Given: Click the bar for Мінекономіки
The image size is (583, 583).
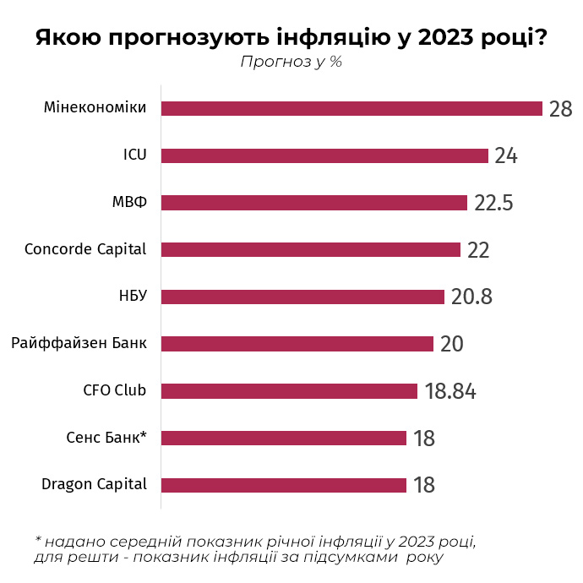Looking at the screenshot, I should tap(351, 108).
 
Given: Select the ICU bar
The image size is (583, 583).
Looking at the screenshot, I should tap(324, 155).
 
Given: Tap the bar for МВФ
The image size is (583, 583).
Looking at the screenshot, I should tap(313, 203).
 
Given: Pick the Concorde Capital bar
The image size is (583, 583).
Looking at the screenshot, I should tap(310, 249).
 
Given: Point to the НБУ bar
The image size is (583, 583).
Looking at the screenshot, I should tap(302, 297).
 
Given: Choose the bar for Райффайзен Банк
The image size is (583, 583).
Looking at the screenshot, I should tap(297, 344).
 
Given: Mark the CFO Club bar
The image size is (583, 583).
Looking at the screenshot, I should tap(289, 390).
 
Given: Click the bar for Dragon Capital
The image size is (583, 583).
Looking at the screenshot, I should tap(283, 485).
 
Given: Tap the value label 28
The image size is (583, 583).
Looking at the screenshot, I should tap(561, 109).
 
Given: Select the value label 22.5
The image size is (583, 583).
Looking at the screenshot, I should tap(493, 204).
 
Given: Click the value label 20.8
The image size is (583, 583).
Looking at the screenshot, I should tap(471, 297).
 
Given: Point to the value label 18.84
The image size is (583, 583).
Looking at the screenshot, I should tap(450, 391).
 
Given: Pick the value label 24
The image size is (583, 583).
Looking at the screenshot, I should tap(505, 156).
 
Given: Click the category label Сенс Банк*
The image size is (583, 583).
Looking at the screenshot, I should tap(106, 438).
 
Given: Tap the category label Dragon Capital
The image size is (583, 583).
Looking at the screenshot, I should tap(94, 484).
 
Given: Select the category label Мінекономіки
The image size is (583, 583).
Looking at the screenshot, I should tap(95, 107).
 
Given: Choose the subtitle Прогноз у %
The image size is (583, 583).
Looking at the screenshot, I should tap(291, 62).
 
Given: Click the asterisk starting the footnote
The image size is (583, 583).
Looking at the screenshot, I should tap(38, 539).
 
